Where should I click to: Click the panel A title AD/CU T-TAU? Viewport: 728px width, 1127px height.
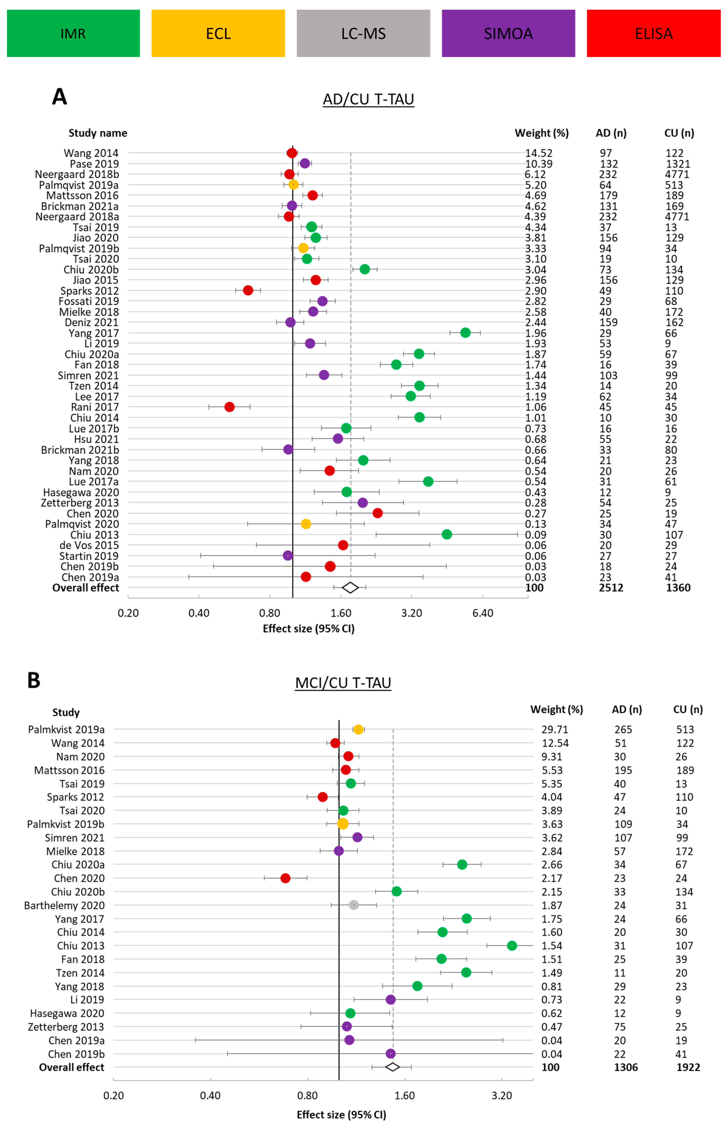tap(368, 99)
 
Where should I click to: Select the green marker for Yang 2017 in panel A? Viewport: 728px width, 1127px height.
tap(465, 333)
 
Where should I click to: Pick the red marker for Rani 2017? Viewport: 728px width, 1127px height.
tap(229, 407)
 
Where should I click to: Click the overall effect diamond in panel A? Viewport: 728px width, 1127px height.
tap(350, 588)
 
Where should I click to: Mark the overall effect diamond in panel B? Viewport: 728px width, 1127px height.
tap(392, 1067)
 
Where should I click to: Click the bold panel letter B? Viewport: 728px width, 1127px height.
tap(34, 680)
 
